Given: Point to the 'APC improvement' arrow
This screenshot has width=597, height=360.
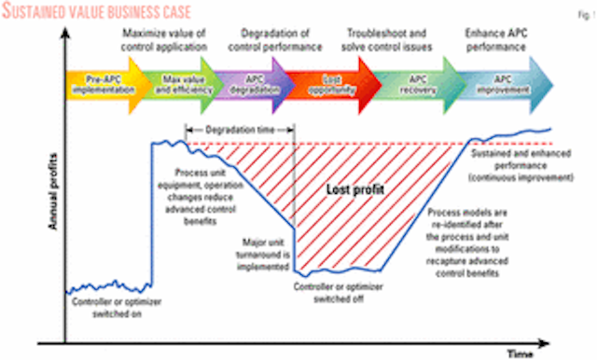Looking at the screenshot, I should (x=503, y=93).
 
